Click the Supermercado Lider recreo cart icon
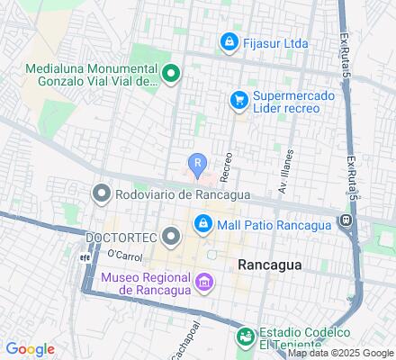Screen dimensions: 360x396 point(238,101)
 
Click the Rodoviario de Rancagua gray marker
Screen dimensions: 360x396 point(101,193)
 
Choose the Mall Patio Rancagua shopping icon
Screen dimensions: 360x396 point(203,223)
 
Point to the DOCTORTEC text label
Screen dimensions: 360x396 point(121,238)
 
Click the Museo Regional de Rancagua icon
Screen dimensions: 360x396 point(204,285)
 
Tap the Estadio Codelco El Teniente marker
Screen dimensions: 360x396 point(244,337)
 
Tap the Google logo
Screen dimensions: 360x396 point(30,349)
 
